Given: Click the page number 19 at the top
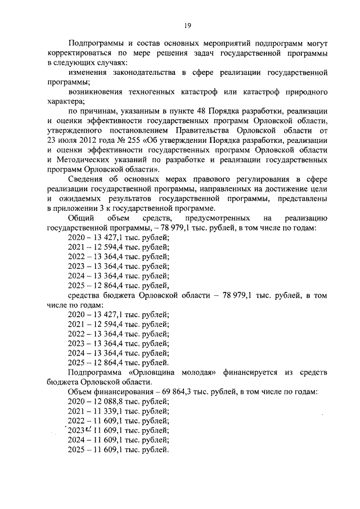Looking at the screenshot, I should coord(187,25).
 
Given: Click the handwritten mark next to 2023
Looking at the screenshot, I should coord(88,430).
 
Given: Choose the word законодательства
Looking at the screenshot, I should coord(144,73).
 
